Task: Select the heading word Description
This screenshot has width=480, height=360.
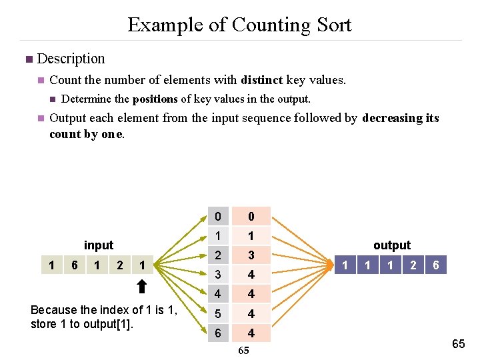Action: (71, 59)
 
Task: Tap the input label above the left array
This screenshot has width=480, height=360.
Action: (99, 245)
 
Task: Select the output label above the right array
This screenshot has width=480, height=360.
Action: (392, 245)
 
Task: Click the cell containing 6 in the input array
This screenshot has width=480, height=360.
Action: (75, 265)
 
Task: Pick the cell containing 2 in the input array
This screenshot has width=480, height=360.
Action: (120, 265)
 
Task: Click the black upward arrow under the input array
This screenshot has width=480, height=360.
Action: (141, 287)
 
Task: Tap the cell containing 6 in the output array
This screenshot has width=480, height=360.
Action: (435, 265)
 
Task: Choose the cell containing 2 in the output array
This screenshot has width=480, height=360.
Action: (413, 265)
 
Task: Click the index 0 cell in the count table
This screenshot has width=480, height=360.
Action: (217, 217)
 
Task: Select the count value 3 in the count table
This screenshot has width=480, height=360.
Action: (251, 255)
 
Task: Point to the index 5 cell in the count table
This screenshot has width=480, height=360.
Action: (217, 313)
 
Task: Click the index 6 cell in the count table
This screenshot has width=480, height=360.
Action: (217, 333)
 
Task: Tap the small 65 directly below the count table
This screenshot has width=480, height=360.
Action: (243, 351)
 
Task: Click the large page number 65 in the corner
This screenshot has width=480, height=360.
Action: (459, 344)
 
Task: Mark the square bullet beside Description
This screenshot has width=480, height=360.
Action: (28, 59)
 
